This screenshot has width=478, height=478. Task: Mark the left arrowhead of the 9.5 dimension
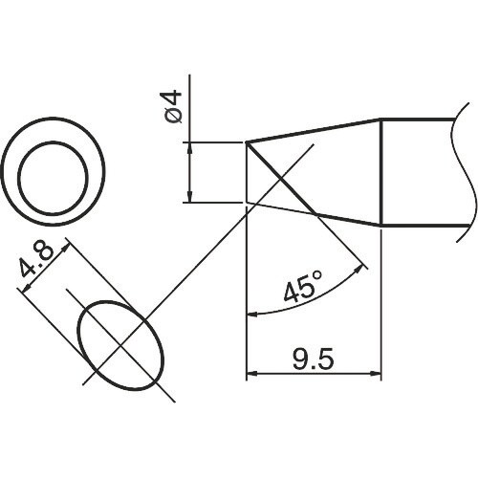[252, 374]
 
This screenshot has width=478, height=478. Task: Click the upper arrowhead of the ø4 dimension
[191, 148]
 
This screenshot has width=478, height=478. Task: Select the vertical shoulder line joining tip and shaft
[381, 172]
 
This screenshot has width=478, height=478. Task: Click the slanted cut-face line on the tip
[282, 179]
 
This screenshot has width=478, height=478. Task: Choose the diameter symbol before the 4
[174, 120]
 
